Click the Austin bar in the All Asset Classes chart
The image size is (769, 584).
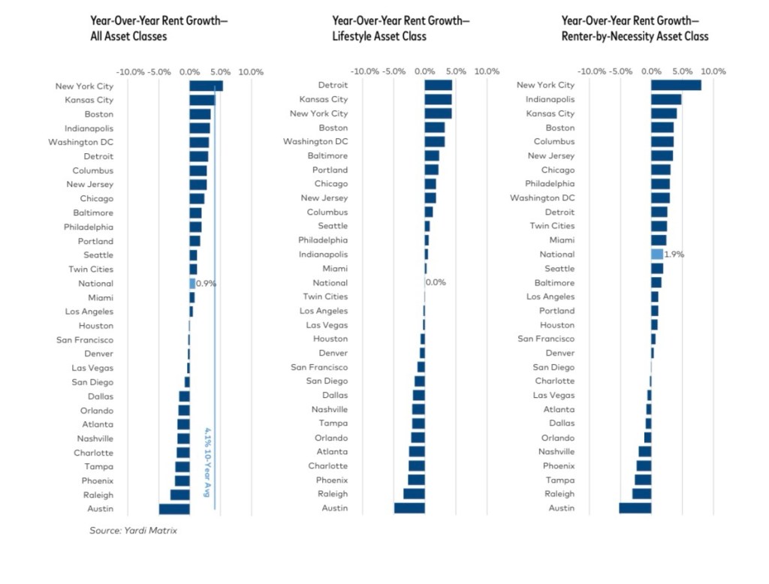click(x=174, y=509)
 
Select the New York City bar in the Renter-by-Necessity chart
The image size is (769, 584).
click(x=676, y=86)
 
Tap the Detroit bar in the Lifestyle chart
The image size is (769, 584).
click(x=439, y=86)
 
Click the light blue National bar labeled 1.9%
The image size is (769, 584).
click(x=657, y=254)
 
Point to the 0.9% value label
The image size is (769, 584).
click(x=207, y=284)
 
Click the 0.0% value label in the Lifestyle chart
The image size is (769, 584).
click(x=436, y=283)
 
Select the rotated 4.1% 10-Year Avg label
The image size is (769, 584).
click(x=207, y=462)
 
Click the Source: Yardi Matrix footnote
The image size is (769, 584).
click(x=133, y=531)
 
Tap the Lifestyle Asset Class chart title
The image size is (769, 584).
click(x=400, y=29)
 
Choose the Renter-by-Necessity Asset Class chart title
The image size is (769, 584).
click(x=635, y=29)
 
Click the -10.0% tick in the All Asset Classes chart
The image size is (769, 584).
click(x=131, y=72)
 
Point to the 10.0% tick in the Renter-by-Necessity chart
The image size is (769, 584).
click(x=713, y=72)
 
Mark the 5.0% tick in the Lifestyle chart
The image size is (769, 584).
click(x=456, y=72)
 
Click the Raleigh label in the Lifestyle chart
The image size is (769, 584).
click(x=333, y=494)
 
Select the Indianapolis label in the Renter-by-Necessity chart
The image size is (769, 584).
click(x=550, y=99)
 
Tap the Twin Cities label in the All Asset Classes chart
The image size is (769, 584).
click(x=91, y=269)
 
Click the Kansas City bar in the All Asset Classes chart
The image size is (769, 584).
click(x=202, y=100)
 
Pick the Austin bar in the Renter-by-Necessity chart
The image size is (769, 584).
click(x=635, y=508)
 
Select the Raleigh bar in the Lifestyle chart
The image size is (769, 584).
click(x=414, y=494)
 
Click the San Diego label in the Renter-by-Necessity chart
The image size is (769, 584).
click(x=553, y=367)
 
